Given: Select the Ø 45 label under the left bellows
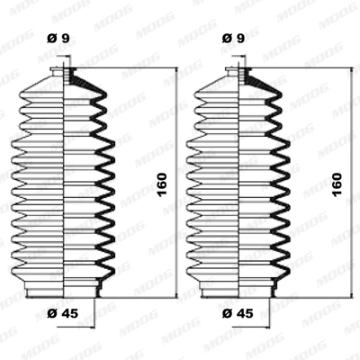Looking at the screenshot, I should point(64,311).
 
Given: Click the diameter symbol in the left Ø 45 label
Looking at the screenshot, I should point(52,311).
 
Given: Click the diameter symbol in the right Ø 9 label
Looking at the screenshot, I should point(227,39).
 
